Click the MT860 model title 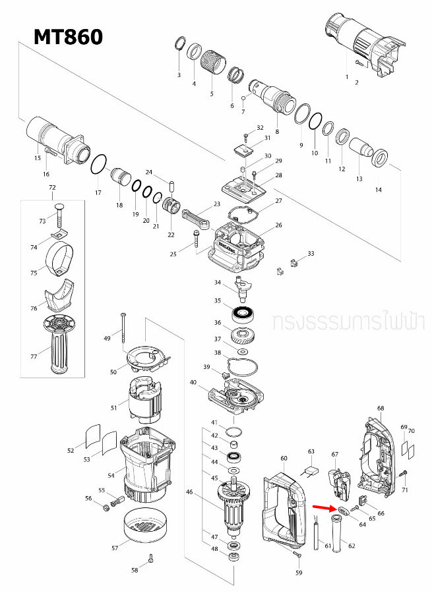(x=69, y=36)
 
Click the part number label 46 (x=189, y=492)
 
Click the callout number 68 (x=380, y=409)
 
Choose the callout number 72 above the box (x=52, y=188)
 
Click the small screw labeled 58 (x=151, y=559)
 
